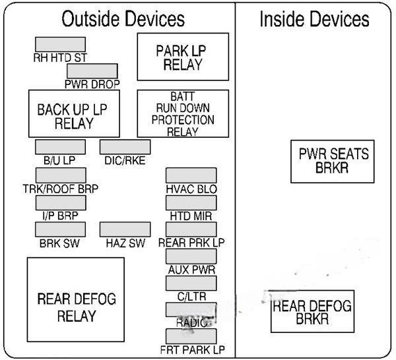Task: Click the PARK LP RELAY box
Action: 182,57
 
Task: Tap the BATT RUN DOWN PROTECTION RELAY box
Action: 182,113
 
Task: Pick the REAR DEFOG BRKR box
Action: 312,311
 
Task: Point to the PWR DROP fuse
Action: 92,71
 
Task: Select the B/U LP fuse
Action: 55,146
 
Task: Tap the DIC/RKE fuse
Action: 125,146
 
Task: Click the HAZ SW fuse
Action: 125,229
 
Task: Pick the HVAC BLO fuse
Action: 191,175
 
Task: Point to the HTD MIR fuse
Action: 191,202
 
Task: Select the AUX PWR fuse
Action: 191,256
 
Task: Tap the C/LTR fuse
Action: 191,283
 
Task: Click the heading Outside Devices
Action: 123,19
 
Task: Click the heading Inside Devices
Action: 313,19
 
